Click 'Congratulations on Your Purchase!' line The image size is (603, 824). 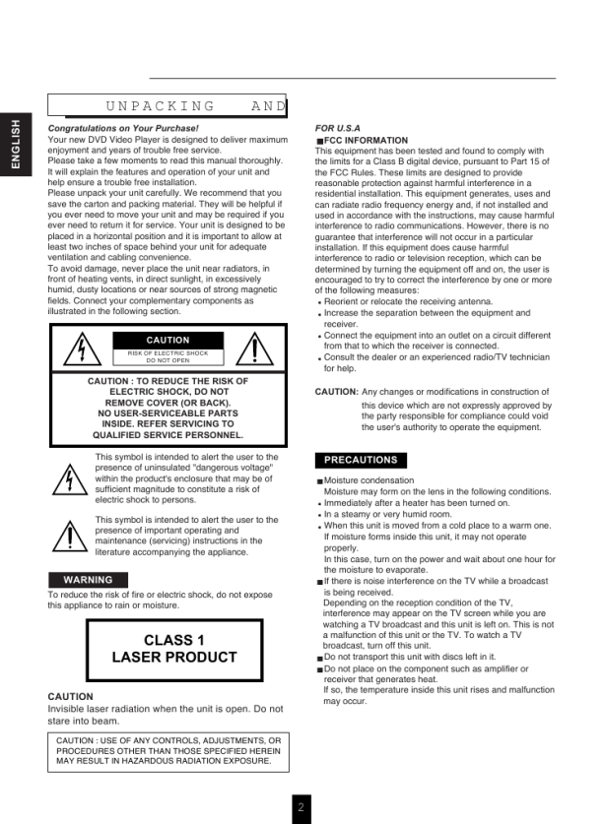(123, 129)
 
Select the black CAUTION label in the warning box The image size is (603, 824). (167, 341)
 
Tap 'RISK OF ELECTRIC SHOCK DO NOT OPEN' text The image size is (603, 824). (167, 356)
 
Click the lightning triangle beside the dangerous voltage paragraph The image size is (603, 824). (69, 479)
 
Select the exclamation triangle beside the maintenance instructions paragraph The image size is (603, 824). (69, 537)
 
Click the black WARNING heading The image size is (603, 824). (88, 580)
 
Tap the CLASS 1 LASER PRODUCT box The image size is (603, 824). (174, 649)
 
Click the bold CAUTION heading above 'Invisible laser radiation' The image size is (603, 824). (70, 697)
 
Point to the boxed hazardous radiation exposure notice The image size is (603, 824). (168, 751)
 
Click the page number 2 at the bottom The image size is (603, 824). (301, 807)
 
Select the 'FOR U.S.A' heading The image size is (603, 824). (337, 129)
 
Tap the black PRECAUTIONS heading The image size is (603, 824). (361, 460)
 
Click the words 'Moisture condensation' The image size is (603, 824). (368, 480)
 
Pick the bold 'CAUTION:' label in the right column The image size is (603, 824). (336, 392)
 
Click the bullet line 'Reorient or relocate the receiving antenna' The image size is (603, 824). (408, 302)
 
